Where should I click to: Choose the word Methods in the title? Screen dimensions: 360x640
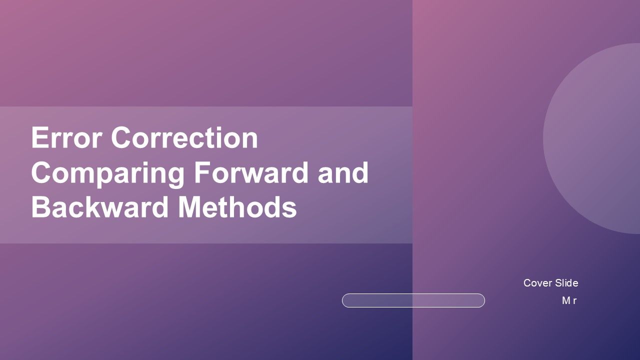(x=237, y=207)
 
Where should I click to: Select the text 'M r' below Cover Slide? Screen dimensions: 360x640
(x=569, y=300)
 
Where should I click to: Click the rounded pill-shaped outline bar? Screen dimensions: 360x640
(x=413, y=300)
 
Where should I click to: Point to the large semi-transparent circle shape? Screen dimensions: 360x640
(x=595, y=137)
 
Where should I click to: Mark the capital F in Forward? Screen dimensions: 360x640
(x=200, y=172)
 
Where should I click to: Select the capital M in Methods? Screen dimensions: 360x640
(x=190, y=207)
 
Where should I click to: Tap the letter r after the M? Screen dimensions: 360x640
(x=575, y=301)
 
